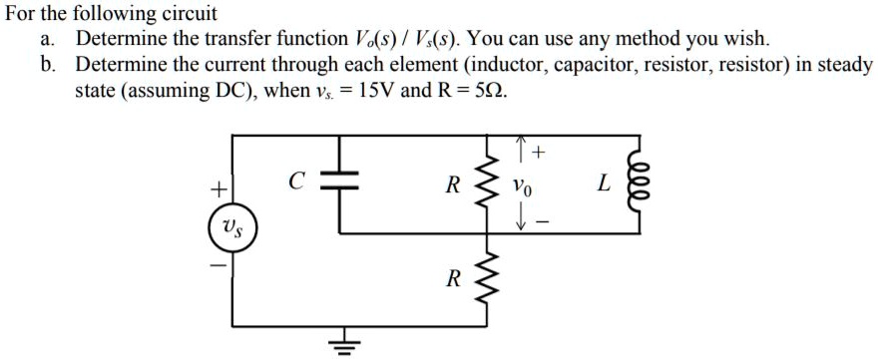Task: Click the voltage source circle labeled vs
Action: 232,230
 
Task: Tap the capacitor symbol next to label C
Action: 340,183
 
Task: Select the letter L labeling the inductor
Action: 602,183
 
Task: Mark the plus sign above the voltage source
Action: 214,186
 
